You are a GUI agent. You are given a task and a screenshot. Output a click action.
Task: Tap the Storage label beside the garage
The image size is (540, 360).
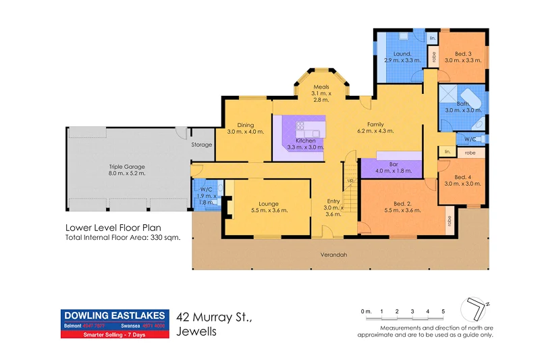tap(202, 145)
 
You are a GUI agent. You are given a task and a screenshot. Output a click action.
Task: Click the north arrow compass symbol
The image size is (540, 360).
tap(475, 309)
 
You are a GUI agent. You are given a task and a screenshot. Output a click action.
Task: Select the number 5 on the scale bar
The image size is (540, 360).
tap(443, 311)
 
